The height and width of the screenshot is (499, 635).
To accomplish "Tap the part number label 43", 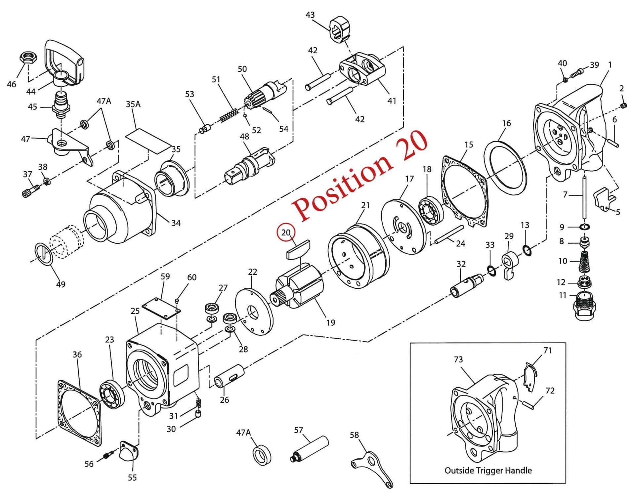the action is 310,15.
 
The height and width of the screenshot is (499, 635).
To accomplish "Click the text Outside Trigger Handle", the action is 488,470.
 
